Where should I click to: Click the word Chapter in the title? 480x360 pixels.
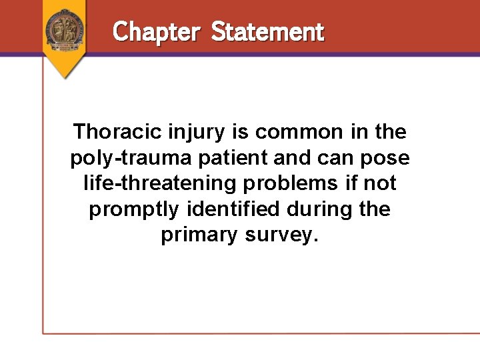coord(156,31)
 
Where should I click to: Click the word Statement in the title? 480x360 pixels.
coord(267,31)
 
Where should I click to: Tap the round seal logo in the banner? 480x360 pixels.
coord(65,29)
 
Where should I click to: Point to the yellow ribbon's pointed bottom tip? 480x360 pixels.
coord(65,77)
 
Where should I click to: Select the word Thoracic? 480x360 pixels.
coord(117,132)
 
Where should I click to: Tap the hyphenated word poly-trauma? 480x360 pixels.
coord(123,158)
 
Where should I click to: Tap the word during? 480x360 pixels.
coord(319,209)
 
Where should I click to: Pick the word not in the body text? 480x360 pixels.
coord(380,183)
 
